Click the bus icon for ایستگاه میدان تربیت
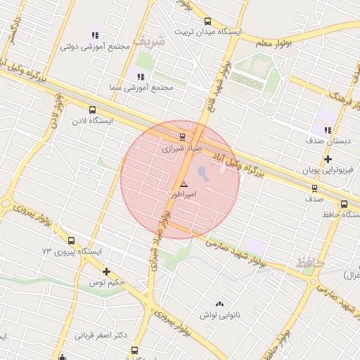(207, 22)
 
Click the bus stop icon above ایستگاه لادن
(92, 110)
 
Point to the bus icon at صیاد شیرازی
(183, 137)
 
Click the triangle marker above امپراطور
(184, 184)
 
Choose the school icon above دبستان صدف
(328, 129)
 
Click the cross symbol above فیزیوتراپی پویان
(328, 159)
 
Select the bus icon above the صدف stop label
(314, 188)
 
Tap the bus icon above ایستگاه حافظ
(344, 204)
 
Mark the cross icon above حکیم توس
(106, 271)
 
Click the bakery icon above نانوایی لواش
(220, 304)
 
